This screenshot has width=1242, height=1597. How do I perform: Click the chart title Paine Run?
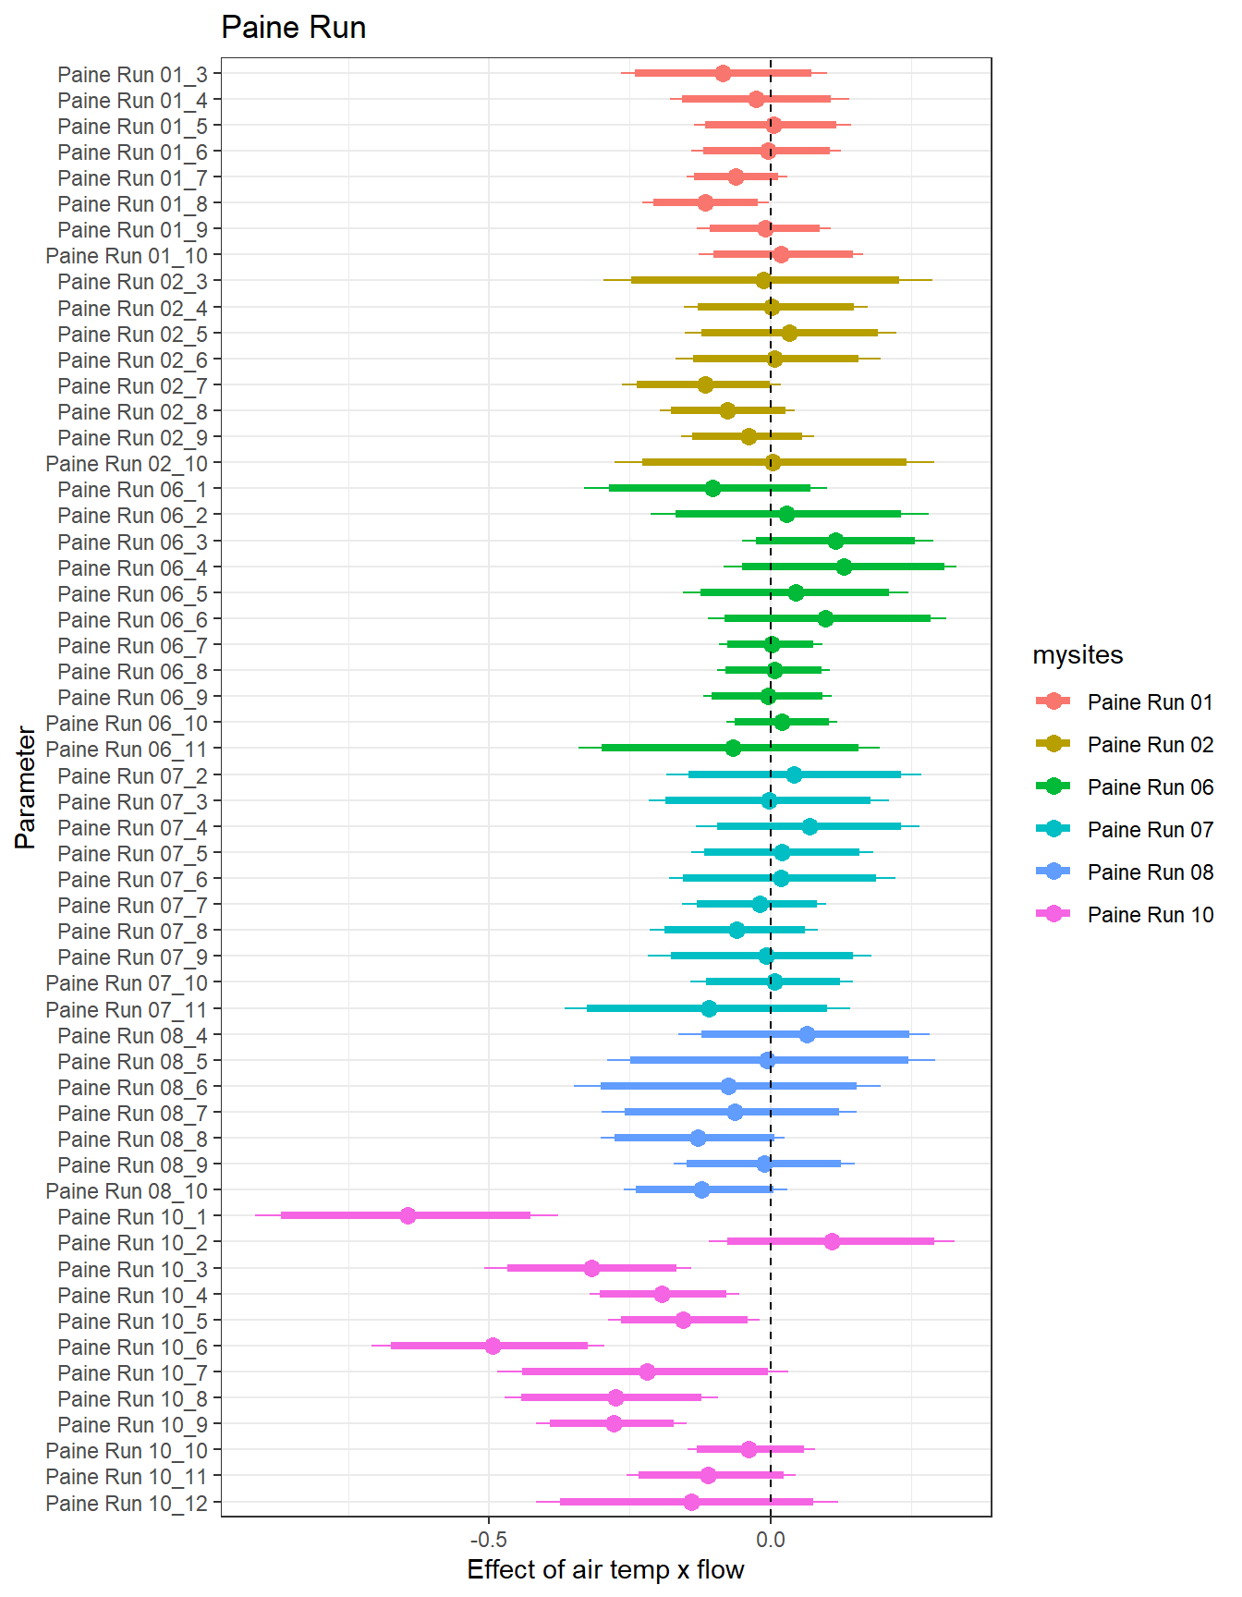pos(293,28)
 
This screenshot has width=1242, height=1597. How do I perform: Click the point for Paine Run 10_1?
pos(408,1215)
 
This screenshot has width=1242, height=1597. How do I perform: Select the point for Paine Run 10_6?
pos(493,1346)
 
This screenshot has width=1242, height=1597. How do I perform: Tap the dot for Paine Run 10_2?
pos(832,1241)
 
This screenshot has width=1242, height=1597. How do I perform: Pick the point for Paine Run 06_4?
pos(844,567)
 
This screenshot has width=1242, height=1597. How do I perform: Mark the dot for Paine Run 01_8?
pos(705,202)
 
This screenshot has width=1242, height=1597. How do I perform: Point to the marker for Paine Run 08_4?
pos(807,1034)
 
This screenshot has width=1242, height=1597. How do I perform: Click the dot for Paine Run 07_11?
pos(709,1008)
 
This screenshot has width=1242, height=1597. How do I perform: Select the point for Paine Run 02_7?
pos(705,384)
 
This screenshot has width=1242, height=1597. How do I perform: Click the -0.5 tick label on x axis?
pos(488,1539)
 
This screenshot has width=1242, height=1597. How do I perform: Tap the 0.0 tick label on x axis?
pos(770,1539)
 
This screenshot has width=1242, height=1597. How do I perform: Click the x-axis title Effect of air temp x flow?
pos(605,1569)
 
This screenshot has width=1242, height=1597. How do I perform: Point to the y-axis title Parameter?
pos(25,787)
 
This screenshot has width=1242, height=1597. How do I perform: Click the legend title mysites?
pos(1078,654)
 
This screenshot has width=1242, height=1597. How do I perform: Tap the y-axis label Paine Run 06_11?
pos(127,749)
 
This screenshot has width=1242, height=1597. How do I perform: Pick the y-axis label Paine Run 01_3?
pos(132,74)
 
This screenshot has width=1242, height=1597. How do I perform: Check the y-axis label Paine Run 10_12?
pos(127,1503)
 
